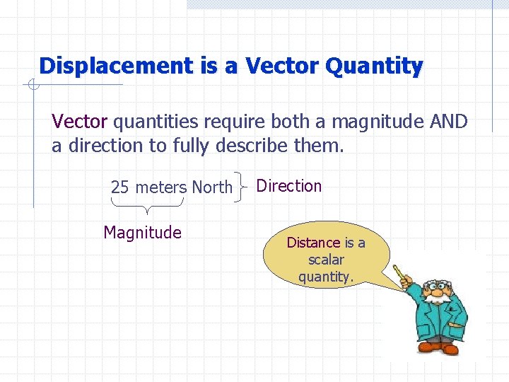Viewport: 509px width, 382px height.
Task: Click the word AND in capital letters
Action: tap(448, 122)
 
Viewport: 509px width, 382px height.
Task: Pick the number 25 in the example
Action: tap(119, 187)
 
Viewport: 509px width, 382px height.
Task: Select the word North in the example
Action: tap(212, 187)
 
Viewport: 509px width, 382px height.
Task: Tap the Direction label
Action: tap(288, 186)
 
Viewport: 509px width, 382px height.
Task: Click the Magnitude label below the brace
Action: tap(142, 233)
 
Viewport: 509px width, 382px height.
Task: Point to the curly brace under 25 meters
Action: tap(146, 207)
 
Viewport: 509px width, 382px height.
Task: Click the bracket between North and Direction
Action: tap(245, 186)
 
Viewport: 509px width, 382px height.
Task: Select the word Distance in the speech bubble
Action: tap(313, 243)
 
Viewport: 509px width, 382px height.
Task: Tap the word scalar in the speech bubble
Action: tap(325, 260)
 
